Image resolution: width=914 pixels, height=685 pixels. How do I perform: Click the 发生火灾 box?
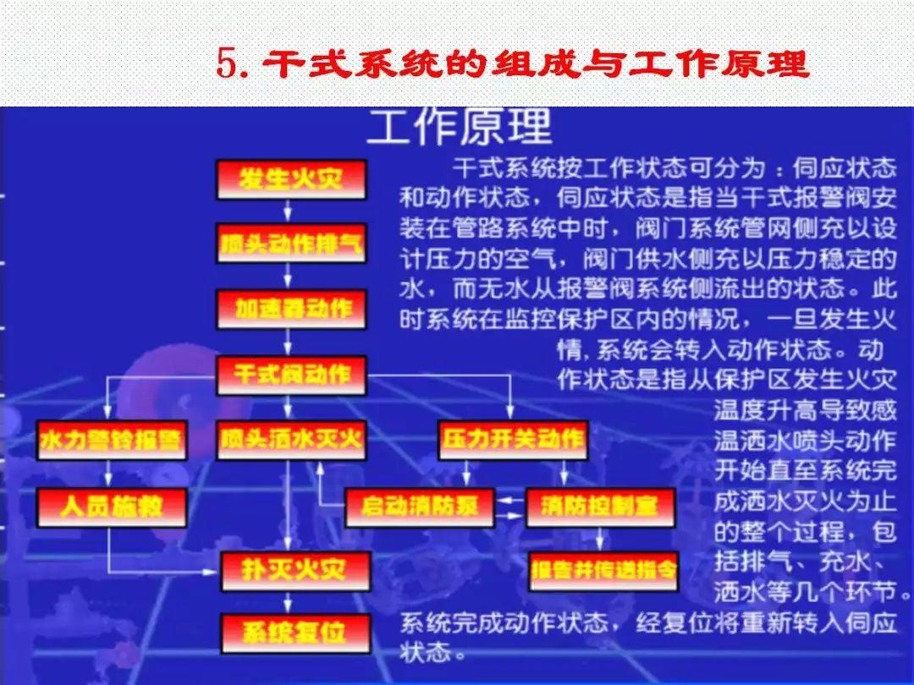pyautogui.click(x=291, y=180)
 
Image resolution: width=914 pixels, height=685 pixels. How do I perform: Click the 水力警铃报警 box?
pyautogui.click(x=111, y=440)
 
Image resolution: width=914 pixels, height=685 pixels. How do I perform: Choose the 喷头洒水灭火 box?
pyautogui.click(x=291, y=440)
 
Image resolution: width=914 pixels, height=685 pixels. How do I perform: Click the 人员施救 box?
pyautogui.click(x=111, y=507)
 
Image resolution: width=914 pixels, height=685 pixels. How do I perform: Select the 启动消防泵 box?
pyautogui.click(x=420, y=507)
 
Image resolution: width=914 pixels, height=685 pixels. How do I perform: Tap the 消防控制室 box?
pyautogui.click(x=600, y=507)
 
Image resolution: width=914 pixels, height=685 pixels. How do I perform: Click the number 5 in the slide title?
pyautogui.click(x=225, y=64)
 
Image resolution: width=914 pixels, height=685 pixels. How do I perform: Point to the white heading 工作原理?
pyautogui.click(x=459, y=128)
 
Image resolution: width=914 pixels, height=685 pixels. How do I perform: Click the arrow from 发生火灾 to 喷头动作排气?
pyautogui.click(x=289, y=212)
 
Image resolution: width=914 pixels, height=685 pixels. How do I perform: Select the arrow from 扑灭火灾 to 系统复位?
pyautogui.click(x=289, y=601)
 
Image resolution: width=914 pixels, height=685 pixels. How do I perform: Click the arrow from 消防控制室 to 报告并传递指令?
pyautogui.click(x=600, y=540)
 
